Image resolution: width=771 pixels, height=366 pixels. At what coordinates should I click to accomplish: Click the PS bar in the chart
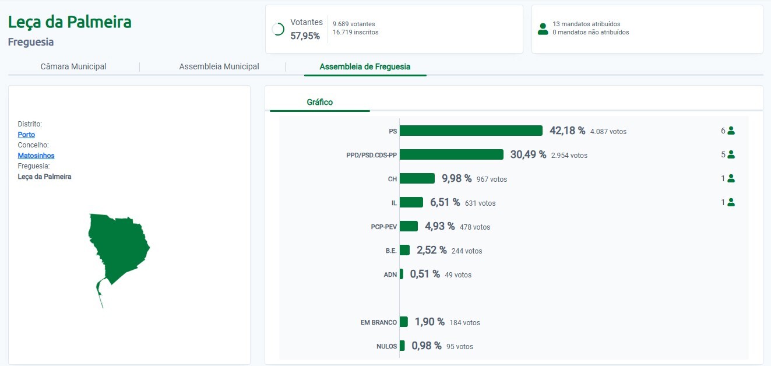(x=471, y=131)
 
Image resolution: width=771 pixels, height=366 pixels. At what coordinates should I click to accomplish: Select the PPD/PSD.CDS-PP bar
(x=451, y=154)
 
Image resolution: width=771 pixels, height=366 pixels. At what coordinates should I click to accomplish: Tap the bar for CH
(x=417, y=178)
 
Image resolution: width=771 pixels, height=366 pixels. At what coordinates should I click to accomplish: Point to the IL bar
(x=411, y=202)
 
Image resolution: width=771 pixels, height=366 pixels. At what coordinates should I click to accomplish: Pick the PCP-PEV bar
(x=409, y=226)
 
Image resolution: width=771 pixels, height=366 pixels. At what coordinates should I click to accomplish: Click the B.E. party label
(x=391, y=251)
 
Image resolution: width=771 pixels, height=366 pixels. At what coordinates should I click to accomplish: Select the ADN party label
(x=390, y=274)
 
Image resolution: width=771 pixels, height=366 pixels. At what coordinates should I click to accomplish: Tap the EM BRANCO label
(x=379, y=322)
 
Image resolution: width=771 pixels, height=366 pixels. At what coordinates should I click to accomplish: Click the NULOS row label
(x=386, y=346)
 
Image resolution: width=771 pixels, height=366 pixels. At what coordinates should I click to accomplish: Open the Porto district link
(x=26, y=135)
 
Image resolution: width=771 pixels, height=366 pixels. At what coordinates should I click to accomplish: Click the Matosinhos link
(x=36, y=156)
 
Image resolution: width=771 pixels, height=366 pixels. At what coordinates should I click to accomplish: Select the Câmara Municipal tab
(x=73, y=66)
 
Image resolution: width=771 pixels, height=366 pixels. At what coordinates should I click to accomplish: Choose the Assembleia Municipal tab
(x=219, y=66)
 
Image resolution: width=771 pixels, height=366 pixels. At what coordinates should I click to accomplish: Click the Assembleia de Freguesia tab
(x=365, y=66)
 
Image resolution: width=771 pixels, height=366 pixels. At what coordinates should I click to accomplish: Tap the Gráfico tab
(x=320, y=102)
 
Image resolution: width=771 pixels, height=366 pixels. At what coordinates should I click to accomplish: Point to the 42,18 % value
(x=567, y=131)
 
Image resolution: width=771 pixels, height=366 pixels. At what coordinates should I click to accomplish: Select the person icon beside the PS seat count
(x=731, y=131)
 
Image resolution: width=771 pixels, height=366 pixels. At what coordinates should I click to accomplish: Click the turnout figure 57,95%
(x=305, y=36)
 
